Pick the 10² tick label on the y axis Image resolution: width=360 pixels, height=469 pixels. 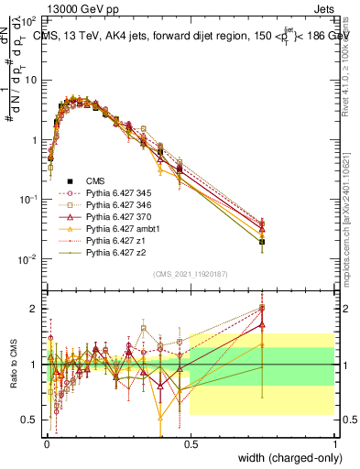pos(29,19)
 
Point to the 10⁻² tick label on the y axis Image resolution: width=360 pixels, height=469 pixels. pos(29,259)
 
